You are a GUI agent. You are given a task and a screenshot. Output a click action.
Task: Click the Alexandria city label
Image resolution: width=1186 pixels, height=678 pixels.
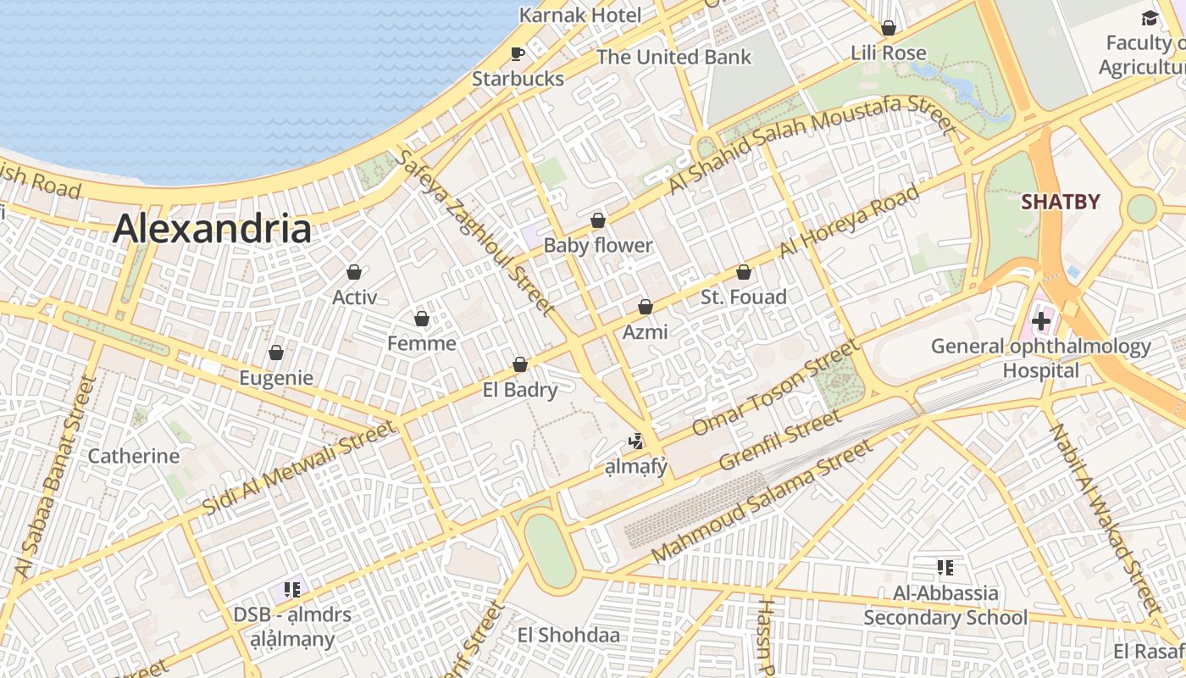212,229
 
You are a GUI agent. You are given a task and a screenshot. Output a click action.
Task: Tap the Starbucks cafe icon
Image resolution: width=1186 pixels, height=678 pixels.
517,53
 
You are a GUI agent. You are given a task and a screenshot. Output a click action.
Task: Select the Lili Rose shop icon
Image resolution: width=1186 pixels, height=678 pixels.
888,28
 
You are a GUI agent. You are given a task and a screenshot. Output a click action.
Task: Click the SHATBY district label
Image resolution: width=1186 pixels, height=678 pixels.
1060,202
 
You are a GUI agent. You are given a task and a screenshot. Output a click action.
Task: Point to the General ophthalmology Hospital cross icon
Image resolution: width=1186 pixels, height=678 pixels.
1040,321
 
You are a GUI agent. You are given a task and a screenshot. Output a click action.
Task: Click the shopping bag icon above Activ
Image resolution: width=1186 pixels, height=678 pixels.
354,272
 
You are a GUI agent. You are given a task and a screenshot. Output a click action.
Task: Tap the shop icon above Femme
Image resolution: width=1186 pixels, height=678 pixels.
421,319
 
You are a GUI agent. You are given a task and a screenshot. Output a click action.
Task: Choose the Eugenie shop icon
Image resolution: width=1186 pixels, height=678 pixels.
275,353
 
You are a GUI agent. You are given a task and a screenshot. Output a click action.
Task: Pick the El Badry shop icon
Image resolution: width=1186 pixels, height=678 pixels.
520,364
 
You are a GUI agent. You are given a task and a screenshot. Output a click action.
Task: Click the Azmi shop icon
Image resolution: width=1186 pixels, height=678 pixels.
646,307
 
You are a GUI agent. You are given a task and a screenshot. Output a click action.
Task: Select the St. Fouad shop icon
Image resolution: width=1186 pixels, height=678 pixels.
743,272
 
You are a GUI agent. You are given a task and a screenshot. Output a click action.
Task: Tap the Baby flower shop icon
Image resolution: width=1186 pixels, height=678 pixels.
598,220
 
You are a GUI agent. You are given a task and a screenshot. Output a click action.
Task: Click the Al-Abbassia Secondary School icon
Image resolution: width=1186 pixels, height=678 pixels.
945,567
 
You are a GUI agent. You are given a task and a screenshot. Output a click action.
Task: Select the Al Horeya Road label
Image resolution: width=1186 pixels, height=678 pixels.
849,223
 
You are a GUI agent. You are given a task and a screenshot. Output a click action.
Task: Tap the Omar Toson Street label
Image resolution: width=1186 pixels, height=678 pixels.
775,388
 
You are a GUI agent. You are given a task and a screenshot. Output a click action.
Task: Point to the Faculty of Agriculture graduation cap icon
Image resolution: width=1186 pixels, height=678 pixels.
1149,18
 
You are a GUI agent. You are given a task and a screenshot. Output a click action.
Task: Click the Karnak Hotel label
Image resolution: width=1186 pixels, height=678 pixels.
580,14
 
